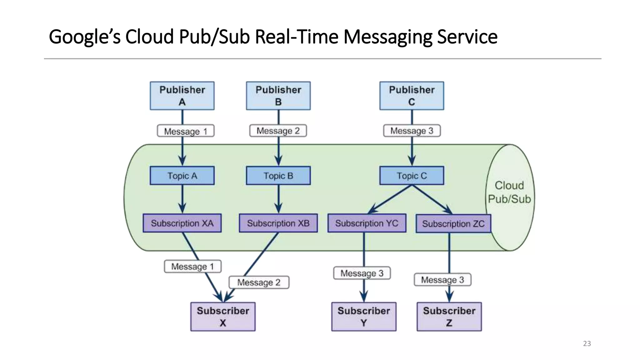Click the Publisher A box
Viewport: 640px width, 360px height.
[182, 96]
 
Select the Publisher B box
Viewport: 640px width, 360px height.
[278, 96]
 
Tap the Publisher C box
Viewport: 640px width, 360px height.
[412, 96]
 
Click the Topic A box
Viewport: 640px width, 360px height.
[182, 176]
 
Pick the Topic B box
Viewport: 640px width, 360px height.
[278, 176]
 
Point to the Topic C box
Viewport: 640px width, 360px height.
[412, 176]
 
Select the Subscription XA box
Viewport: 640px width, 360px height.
[182, 223]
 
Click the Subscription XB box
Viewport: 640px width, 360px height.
[278, 223]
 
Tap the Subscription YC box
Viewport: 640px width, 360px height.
[367, 223]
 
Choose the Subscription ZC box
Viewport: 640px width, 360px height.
[453, 224]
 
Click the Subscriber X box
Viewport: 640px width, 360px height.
[223, 317]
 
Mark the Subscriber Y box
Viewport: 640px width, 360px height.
[364, 317]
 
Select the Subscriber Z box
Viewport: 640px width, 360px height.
[449, 317]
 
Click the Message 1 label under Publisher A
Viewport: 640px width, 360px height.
[186, 131]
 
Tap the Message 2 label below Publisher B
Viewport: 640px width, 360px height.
[278, 131]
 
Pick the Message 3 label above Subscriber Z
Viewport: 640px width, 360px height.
[442, 280]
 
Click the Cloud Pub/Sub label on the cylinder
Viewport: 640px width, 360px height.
[509, 192]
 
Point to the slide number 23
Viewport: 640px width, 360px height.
[587, 343]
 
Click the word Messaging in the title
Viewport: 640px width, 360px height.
[387, 37]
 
